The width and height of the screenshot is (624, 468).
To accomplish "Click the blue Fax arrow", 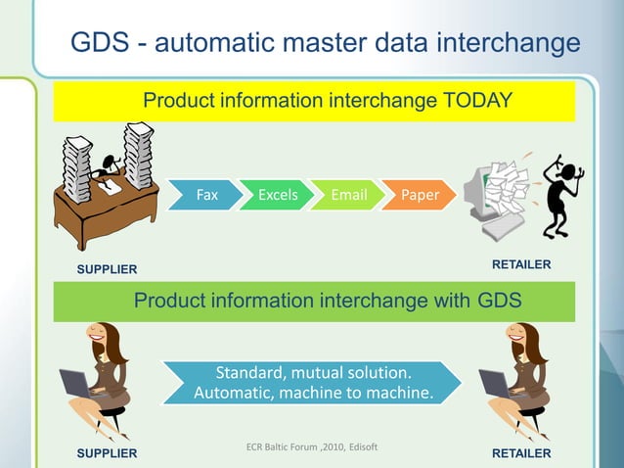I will pos(205,195).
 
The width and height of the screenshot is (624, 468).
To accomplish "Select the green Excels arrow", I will pos(277,195).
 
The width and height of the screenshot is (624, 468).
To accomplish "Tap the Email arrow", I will pos(348,195).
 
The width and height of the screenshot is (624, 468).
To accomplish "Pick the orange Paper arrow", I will pos(420,195).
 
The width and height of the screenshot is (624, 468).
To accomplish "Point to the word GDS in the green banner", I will pos(496,302).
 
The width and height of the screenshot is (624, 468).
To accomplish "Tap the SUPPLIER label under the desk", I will pos(107,269).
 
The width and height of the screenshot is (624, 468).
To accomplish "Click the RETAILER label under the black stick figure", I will pos(520,264).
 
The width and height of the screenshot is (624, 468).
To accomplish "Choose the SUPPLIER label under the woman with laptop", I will pos(107,453).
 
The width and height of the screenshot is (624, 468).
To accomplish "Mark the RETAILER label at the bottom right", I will pos(520,453).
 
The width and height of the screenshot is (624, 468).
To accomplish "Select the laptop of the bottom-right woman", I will pos(495,383).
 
